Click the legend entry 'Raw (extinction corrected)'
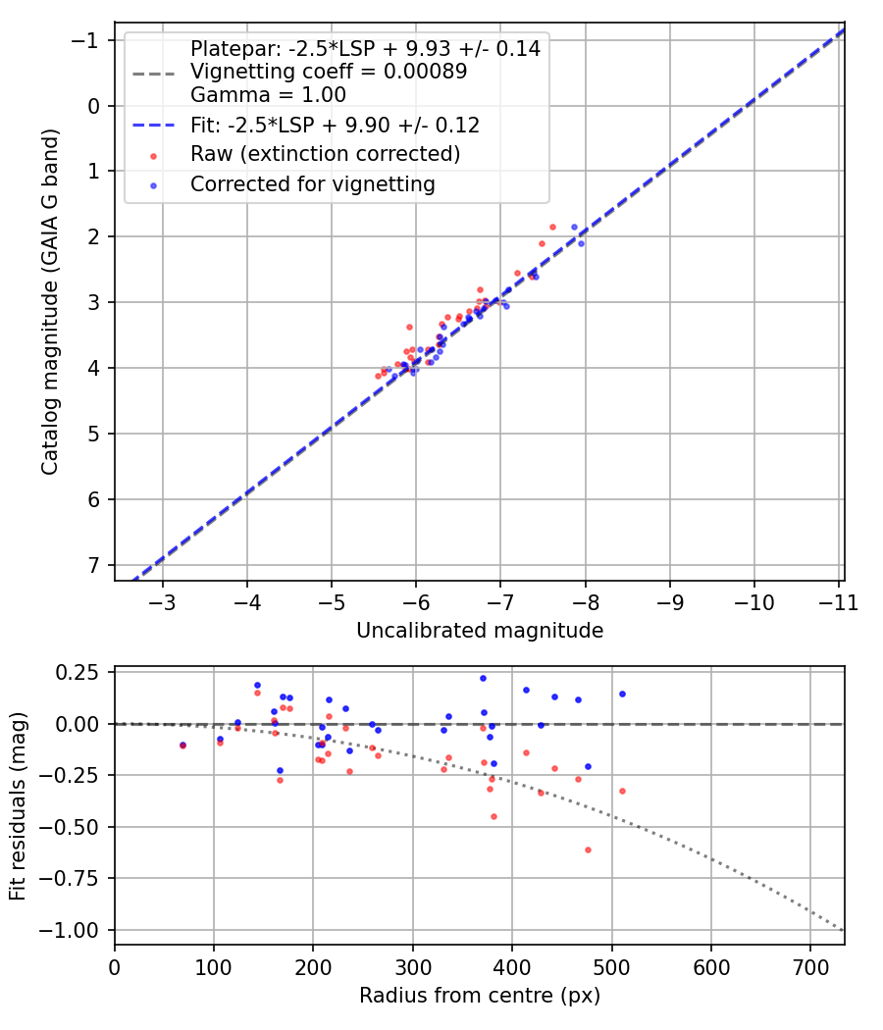325,155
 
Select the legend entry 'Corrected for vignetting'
312,183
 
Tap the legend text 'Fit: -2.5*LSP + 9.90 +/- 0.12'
335,126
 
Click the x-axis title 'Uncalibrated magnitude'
479,631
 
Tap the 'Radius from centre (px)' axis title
479,996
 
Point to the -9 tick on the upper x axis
671,599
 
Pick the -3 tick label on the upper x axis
163,599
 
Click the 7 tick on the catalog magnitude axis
95,565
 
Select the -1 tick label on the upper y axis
89,40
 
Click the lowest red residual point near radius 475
588,850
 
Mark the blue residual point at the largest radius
622,694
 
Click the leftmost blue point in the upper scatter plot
389,370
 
